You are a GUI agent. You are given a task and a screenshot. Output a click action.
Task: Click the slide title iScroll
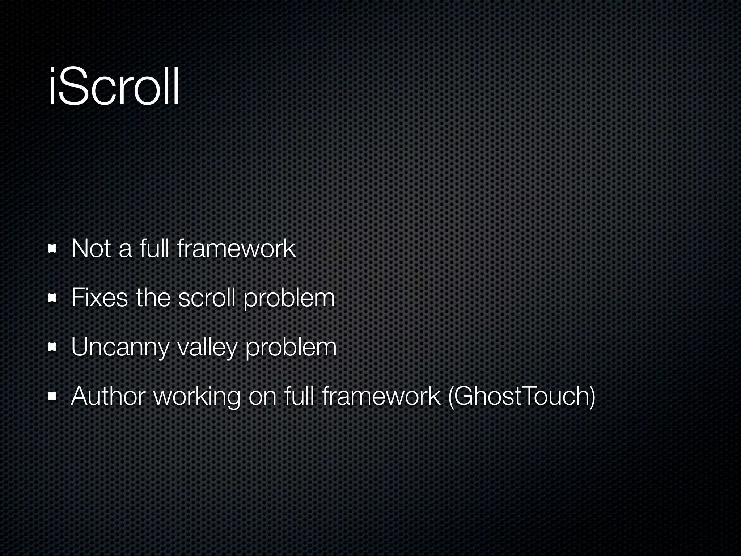click(114, 87)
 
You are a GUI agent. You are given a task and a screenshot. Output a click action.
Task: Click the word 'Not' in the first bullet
click(91, 249)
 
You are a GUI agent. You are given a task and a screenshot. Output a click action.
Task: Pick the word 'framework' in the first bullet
click(237, 249)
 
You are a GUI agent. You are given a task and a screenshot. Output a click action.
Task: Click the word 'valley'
click(207, 347)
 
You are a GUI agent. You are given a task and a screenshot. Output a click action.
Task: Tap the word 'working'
click(197, 397)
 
